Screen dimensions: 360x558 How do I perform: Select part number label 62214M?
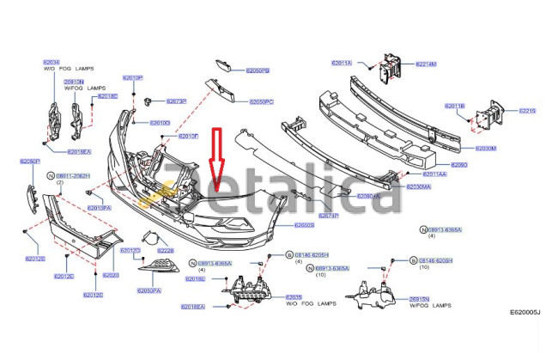pyautogui.click(x=426, y=64)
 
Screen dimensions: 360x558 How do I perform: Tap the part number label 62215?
pyautogui.click(x=526, y=111)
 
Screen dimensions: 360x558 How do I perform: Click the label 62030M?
pyautogui.click(x=486, y=148)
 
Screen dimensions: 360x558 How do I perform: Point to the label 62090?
pyautogui.click(x=458, y=164)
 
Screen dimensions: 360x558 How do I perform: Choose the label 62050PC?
pyautogui.click(x=261, y=101)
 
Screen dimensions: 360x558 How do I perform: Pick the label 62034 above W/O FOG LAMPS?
pyautogui.click(x=51, y=62)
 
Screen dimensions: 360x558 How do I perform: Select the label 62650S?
pyautogui.click(x=305, y=225)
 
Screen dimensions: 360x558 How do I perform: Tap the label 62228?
pyautogui.click(x=164, y=251)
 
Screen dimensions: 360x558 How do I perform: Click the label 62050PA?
pyautogui.click(x=149, y=290)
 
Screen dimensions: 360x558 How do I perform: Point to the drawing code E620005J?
pyautogui.click(x=525, y=337)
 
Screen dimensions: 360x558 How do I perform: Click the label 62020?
pyautogui.click(x=111, y=275)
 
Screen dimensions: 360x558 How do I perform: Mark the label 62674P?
pyautogui.click(x=329, y=216)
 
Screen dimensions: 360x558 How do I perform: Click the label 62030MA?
pyautogui.click(x=418, y=186)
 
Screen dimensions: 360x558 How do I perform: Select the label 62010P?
pyautogui.click(x=132, y=76)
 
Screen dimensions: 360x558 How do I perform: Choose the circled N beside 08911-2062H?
pyautogui.click(x=51, y=174)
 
